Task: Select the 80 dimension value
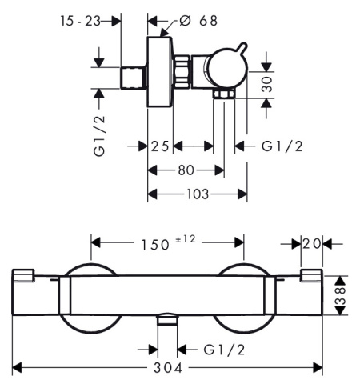(x=186, y=170)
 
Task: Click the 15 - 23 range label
(x=81, y=22)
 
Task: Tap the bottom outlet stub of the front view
(x=166, y=322)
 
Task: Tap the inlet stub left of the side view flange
(x=134, y=78)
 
